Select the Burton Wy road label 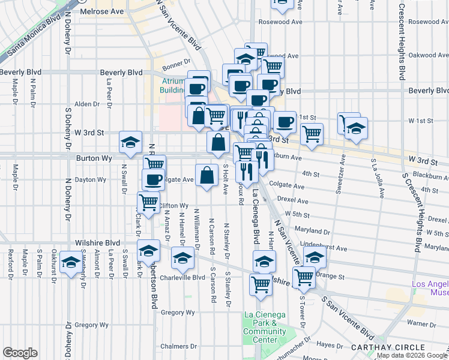(x=94, y=158)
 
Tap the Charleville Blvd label (x=182, y=277)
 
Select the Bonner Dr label (x=175, y=61)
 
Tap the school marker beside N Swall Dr (x=130, y=142)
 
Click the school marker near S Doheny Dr (x=71, y=263)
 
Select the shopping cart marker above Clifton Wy (x=148, y=202)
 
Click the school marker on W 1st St (x=356, y=127)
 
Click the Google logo (x=20, y=353)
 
